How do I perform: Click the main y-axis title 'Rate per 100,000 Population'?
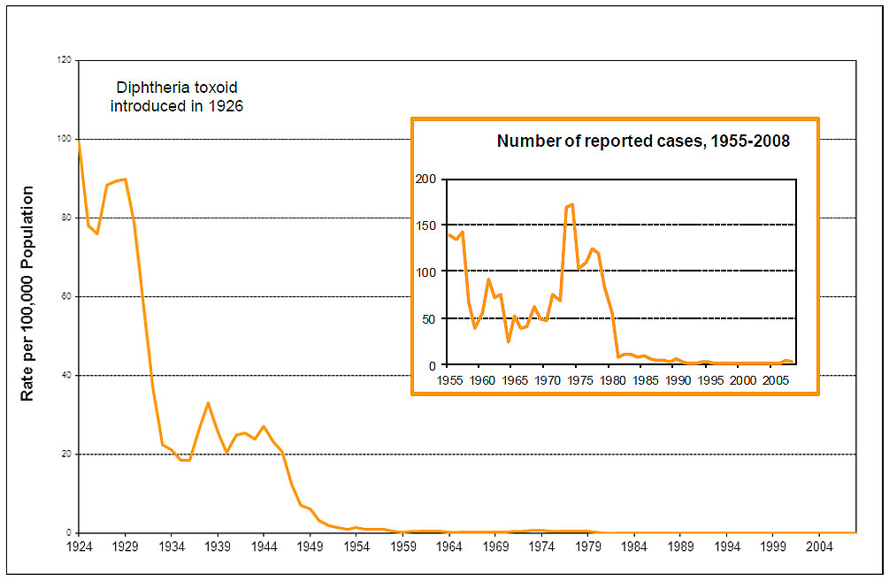coord(27,293)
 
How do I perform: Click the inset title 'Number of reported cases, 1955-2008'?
coord(643,141)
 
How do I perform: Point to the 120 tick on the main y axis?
coord(65,60)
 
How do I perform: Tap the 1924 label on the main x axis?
coord(79,547)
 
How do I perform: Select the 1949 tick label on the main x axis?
coord(310,547)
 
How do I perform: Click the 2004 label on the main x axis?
coord(819,547)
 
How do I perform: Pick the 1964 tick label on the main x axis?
coord(449,547)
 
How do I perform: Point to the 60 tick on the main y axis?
coord(66,297)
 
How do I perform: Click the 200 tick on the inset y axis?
coord(426,179)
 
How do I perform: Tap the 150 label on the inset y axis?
coord(426,226)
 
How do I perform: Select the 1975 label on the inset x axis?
coord(579,381)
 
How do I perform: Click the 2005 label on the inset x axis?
coord(775,381)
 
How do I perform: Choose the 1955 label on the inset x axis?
coord(449,381)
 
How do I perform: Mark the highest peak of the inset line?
coord(572,204)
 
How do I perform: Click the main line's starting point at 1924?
coord(79,141)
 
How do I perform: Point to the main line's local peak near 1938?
coord(208,403)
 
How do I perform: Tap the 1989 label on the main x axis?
coord(680,547)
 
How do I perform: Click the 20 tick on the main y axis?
coord(66,455)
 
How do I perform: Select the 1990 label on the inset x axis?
coord(678,381)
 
